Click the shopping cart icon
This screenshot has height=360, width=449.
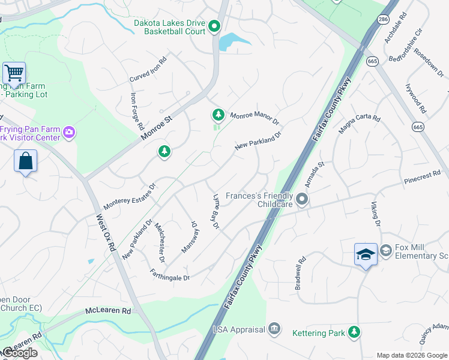(x=14, y=74)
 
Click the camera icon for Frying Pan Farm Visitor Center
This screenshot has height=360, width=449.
(x=70, y=132)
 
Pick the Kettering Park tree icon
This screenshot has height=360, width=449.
(x=354, y=331)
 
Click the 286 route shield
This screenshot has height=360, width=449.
(x=383, y=20)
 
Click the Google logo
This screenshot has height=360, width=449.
(x=20, y=352)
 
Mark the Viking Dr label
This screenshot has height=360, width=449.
(x=375, y=215)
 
